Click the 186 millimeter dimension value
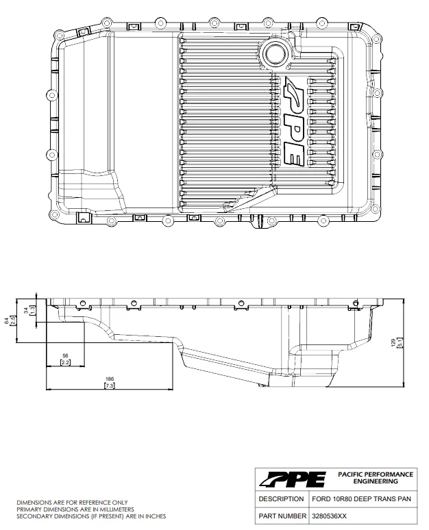110,379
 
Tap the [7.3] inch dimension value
110,386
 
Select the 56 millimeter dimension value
65,355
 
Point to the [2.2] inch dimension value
65,362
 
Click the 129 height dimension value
393,343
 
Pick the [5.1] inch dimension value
400,343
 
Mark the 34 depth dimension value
27,310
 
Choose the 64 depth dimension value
6,320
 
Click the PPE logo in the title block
293,479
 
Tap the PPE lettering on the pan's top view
294,121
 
